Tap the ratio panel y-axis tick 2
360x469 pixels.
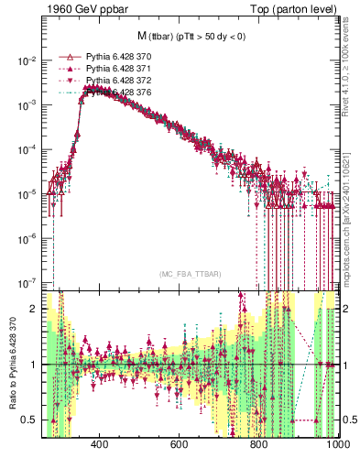[x=34, y=309]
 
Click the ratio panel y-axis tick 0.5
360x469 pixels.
[x=30, y=420]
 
